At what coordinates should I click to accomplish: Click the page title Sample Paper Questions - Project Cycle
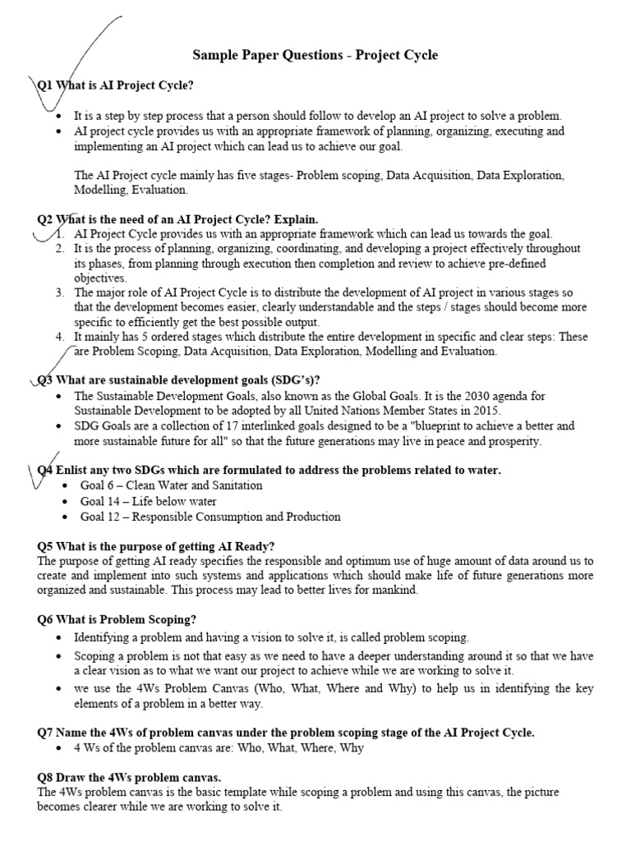315,55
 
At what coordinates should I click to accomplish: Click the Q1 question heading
116,85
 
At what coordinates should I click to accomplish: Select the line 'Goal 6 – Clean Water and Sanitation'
171,485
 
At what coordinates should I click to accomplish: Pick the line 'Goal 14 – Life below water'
148,501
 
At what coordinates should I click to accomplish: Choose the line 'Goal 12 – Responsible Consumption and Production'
210,517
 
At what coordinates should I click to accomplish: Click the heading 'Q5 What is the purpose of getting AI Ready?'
156,546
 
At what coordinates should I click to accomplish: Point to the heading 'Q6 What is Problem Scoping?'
117,618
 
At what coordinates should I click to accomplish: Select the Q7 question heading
286,733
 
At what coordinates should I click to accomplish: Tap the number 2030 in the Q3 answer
465,396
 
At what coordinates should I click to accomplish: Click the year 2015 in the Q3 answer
483,410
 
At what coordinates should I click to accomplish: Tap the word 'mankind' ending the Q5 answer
394,590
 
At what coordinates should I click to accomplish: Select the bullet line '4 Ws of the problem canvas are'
219,748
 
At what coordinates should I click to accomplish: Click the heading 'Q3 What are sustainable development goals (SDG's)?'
178,379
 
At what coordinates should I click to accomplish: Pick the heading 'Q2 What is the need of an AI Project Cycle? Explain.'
177,219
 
